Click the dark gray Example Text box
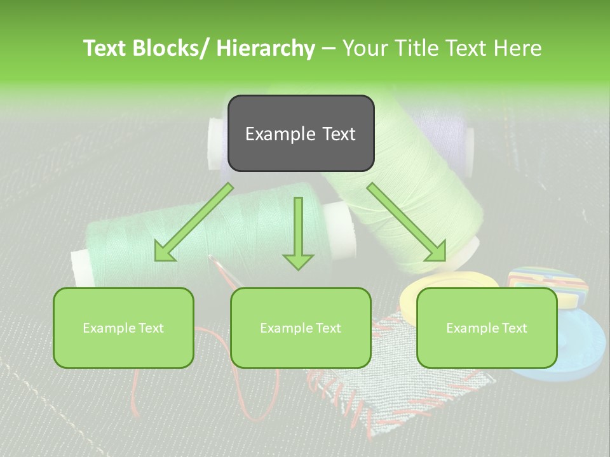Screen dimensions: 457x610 (301, 133)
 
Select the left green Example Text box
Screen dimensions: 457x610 (123, 328)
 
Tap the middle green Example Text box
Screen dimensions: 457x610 (301, 328)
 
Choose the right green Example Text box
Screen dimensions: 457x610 (487, 328)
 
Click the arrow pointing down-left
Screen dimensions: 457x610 (194, 222)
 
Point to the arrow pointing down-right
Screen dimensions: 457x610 (407, 222)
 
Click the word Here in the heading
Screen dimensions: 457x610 (518, 48)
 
